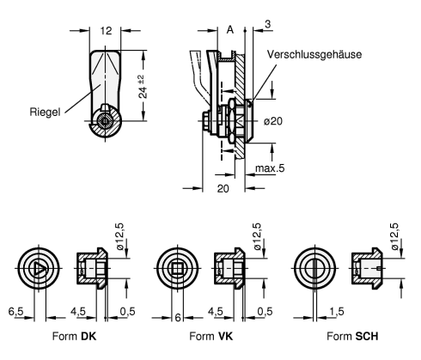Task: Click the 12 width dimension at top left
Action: click(106, 31)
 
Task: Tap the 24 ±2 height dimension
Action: click(143, 86)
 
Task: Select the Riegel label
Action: click(45, 112)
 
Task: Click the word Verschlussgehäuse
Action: click(314, 54)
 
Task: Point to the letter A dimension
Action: click(230, 29)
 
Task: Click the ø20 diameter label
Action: click(273, 121)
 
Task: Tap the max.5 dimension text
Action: click(270, 168)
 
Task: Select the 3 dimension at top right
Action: click(267, 24)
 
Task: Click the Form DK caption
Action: click(74, 336)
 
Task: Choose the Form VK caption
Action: click(211, 336)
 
